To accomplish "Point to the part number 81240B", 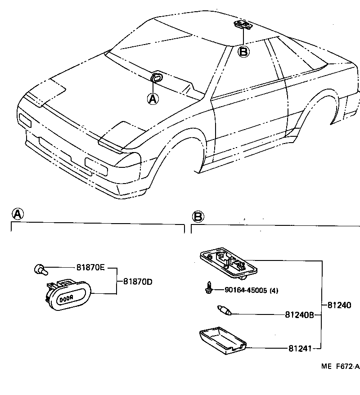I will tap(299, 315).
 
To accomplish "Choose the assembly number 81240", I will tap(338, 305).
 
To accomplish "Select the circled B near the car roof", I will tap(243, 52).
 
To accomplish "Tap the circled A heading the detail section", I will tap(17, 214).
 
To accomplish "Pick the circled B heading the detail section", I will tap(198, 217).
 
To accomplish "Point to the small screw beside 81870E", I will tap(40, 269).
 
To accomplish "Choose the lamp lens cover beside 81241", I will tap(223, 340).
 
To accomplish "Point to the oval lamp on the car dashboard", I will tap(157, 77).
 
